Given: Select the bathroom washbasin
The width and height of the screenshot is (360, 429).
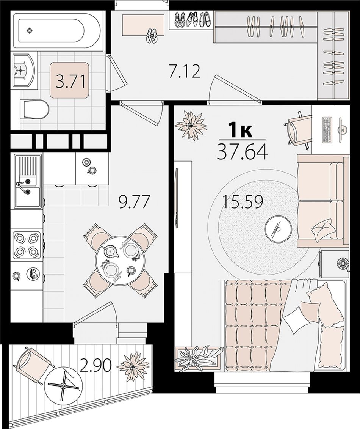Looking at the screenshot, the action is (x=23, y=70).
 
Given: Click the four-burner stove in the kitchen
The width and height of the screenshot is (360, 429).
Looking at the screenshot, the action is (x=26, y=244).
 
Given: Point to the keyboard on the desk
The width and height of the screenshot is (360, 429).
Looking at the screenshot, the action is (x=327, y=130).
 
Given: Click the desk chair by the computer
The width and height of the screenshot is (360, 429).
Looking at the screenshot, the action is (x=297, y=130).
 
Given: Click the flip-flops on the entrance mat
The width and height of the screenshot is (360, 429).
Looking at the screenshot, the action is (x=151, y=36).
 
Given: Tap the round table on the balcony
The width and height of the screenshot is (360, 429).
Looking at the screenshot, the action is (x=63, y=386).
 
